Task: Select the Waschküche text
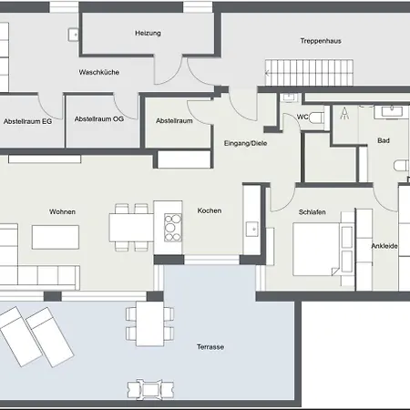click(x=99, y=72)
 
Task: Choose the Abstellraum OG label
click(x=98, y=119)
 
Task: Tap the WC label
click(x=304, y=117)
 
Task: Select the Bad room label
click(x=384, y=140)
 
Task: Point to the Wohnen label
click(x=63, y=212)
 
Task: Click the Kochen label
click(x=210, y=211)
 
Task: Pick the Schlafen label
click(x=312, y=212)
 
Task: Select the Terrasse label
click(x=210, y=347)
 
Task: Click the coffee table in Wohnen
click(x=57, y=237)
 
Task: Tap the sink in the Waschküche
click(x=74, y=34)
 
